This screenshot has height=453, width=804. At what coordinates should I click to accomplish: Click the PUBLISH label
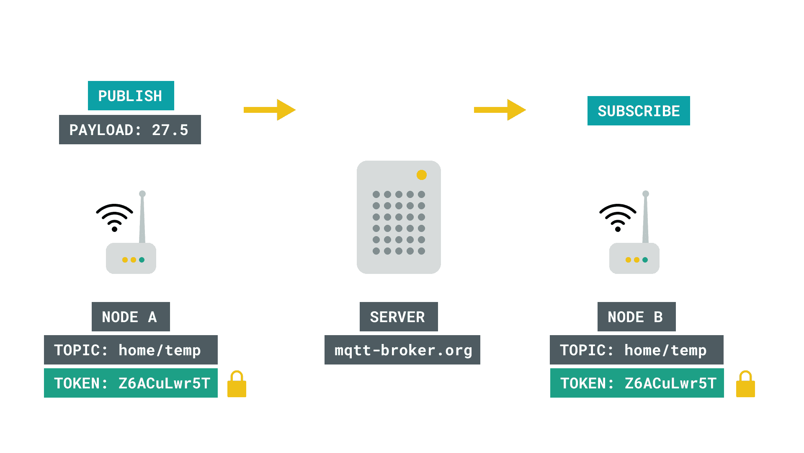(x=131, y=96)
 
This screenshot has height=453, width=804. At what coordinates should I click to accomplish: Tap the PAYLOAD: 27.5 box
(x=130, y=130)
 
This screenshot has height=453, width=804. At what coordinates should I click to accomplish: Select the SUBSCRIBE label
(x=639, y=111)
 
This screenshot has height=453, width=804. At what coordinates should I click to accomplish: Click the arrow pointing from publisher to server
(x=270, y=110)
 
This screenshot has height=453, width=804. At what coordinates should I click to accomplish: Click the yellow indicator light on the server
(x=422, y=175)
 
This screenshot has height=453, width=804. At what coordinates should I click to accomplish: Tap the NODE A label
(x=131, y=317)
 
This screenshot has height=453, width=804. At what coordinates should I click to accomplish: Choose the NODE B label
(x=636, y=317)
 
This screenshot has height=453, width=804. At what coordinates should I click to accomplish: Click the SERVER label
(x=399, y=317)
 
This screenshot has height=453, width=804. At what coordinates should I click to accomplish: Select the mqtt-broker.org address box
(x=402, y=350)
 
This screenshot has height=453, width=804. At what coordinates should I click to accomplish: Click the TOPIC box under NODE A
(x=131, y=350)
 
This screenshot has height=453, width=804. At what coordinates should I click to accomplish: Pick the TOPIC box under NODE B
(x=636, y=350)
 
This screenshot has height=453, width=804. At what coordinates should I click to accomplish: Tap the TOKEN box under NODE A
(x=131, y=383)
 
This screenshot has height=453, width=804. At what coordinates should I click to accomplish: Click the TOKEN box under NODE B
(x=637, y=383)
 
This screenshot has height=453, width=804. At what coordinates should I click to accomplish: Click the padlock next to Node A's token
(x=237, y=384)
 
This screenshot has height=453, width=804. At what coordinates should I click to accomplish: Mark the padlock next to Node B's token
(x=745, y=384)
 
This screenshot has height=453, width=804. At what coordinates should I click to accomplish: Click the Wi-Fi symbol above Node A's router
(x=114, y=217)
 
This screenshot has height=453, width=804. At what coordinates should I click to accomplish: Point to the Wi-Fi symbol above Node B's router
(x=618, y=217)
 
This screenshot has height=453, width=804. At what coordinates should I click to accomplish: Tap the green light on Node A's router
(x=142, y=260)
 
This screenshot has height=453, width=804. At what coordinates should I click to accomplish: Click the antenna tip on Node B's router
(x=646, y=194)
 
